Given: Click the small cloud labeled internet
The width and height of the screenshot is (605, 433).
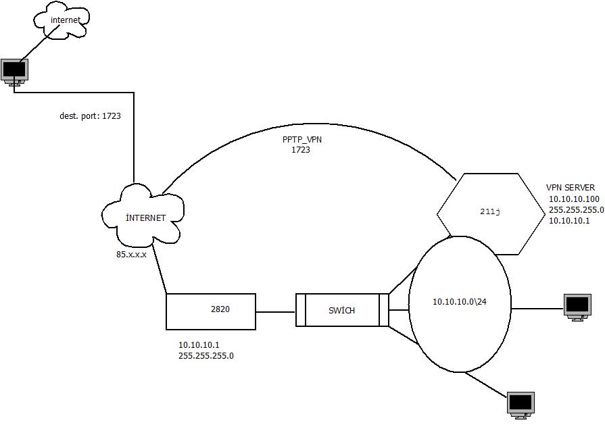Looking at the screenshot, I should click(62, 21).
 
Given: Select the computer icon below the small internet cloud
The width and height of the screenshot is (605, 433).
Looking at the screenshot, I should click(14, 70).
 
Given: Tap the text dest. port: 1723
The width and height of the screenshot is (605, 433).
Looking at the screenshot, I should click(90, 116).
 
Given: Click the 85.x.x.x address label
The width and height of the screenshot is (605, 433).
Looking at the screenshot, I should click(131, 255).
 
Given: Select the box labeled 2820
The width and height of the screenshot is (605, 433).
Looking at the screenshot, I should click(211, 311).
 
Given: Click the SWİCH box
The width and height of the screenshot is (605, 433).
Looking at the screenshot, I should click(342, 310).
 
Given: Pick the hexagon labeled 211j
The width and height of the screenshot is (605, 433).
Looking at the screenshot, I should click(490, 212).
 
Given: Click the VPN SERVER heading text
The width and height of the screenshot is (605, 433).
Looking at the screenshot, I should click(571, 188).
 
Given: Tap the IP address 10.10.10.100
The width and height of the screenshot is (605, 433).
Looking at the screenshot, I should click(573, 199).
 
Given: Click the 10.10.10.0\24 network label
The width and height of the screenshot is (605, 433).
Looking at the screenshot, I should click(460, 301).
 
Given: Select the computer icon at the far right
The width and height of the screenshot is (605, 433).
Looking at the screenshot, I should click(577, 307).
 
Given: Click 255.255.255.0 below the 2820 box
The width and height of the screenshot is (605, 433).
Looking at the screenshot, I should click(205, 355).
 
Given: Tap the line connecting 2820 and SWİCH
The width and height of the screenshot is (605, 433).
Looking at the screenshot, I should click(276, 312).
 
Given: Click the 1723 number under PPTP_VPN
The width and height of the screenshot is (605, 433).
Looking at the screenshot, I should click(301, 150).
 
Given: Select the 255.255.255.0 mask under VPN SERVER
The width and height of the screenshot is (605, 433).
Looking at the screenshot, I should click(576, 210).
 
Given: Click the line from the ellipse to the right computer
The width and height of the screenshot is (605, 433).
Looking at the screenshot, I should click(537, 309).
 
